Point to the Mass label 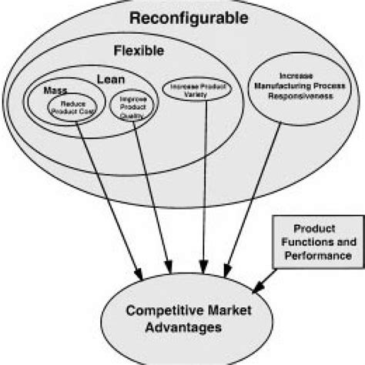tap(54, 89)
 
